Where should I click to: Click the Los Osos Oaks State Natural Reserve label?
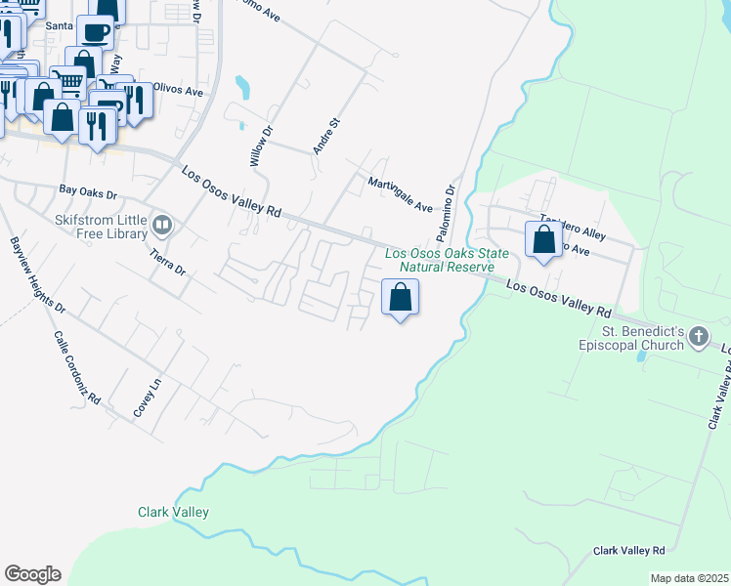[447, 261]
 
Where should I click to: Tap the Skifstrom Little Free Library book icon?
[162, 228]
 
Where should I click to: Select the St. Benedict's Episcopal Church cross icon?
[698, 338]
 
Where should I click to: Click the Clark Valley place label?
[173, 512]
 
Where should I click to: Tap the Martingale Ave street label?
[400, 194]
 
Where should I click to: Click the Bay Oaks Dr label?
[88, 194]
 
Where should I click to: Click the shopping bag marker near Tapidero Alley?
[543, 240]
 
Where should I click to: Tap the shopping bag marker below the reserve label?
[400, 297]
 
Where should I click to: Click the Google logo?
[32, 574]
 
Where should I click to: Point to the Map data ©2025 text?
[690, 578]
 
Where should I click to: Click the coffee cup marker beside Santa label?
[96, 32]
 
